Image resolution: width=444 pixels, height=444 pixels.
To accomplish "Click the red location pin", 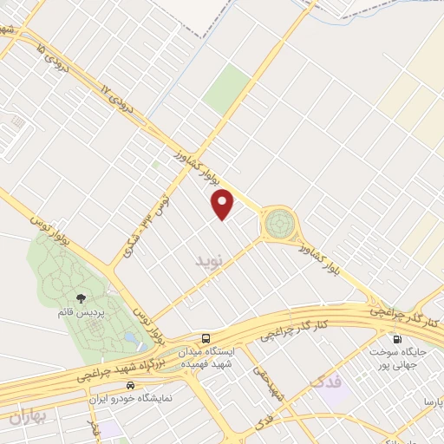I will (x=224, y=203).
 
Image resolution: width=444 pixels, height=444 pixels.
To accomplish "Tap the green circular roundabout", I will (x=279, y=225).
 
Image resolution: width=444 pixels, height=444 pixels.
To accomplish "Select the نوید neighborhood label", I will (x=209, y=259).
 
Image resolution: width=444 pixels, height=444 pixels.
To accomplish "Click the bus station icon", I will (x=206, y=337).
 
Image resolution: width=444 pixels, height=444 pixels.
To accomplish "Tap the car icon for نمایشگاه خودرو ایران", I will (x=129, y=383).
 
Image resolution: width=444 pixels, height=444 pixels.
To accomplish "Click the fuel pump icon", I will (x=397, y=339).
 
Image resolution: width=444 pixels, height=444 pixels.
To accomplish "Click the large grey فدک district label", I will (x=324, y=381).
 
